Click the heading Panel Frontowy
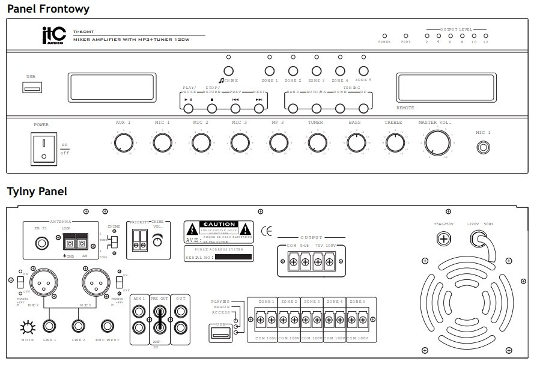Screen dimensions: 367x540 click(48, 8)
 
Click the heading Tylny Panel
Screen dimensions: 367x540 click(37, 192)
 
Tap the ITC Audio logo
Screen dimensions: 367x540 click(51, 37)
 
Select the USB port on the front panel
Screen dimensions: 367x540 click(32, 89)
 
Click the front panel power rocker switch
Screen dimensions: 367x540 click(43, 149)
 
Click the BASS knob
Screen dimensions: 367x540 click(356, 143)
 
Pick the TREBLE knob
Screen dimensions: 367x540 click(394, 143)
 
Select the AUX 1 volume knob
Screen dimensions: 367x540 click(123, 143)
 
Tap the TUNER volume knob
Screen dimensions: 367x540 click(317, 143)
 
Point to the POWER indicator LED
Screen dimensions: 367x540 click(384, 35)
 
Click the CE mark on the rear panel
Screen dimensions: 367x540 click(267, 231)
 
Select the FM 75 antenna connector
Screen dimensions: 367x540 click(42, 243)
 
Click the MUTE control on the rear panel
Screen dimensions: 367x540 click(27, 328)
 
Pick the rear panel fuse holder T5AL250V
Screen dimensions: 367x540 click(443, 240)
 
